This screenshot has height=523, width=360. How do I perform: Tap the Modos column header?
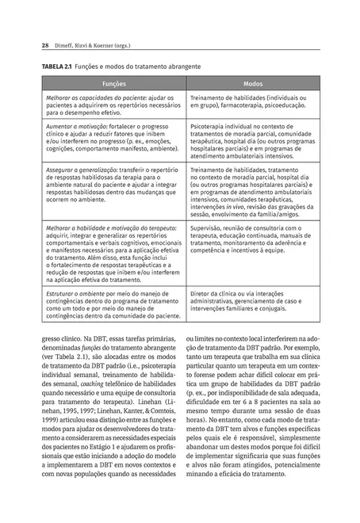[x=253, y=82]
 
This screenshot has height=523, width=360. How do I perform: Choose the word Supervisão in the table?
[x=208, y=228]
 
